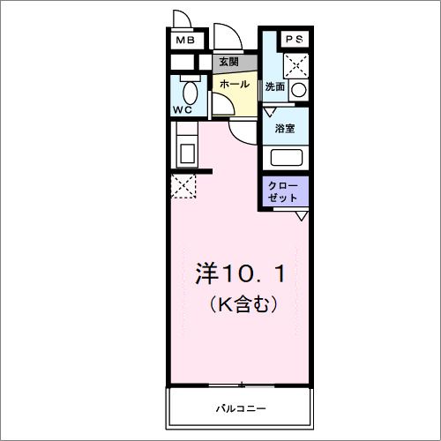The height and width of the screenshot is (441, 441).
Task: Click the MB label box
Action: coord(184,41)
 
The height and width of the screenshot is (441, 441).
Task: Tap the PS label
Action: coord(294,40)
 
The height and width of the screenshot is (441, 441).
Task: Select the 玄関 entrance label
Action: coord(228,62)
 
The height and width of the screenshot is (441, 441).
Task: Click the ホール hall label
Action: coord(234,84)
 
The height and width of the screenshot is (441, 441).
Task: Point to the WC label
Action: coord(183,110)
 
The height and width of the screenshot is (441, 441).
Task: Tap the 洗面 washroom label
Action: coord(275,86)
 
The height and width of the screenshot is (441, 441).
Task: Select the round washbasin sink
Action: coord(298,89)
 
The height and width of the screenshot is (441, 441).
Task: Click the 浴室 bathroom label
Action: coord(285,129)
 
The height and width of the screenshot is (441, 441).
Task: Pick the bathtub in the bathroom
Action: coord(286,158)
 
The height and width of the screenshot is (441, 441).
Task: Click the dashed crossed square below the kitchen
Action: coord(183,187)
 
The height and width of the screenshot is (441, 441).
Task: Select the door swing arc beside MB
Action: coord(183,19)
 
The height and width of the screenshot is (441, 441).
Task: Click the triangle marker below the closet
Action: coord(302,216)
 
